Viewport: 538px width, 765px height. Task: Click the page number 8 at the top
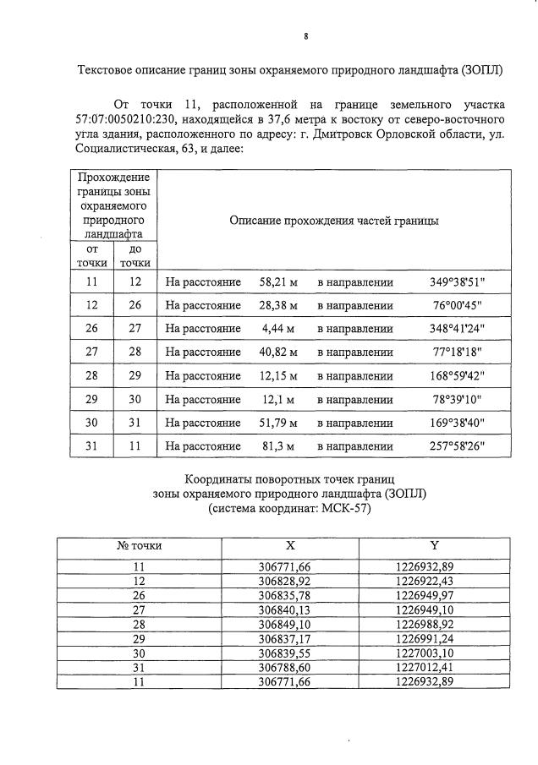[305, 36]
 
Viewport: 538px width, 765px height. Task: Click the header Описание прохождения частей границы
[333, 220]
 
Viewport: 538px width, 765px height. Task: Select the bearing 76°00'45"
[458, 305]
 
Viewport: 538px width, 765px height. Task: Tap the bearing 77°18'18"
[458, 352]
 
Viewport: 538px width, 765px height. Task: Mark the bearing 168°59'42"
[458, 376]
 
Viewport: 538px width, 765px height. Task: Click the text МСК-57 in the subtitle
[343, 510]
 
